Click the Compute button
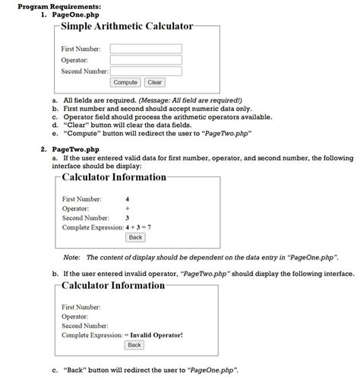(x=125, y=82)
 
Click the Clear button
(x=155, y=82)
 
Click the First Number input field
(x=146, y=49)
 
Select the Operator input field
(x=146, y=60)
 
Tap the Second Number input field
(x=146, y=71)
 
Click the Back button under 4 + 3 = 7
(x=135, y=238)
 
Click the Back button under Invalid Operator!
(x=134, y=345)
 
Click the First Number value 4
(x=127, y=198)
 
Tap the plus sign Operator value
(x=127, y=208)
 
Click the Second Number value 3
(x=127, y=217)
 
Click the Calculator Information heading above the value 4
(x=113, y=177)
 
